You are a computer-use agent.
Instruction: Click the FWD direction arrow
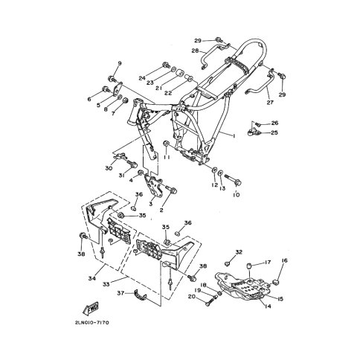point(91,308)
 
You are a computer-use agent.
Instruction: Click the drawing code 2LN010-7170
point(92,323)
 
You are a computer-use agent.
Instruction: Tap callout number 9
point(120,64)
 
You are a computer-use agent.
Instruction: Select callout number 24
point(142,78)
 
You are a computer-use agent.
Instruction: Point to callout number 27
point(270,102)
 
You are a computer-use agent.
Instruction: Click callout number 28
point(195,51)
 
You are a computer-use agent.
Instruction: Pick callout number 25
point(274,132)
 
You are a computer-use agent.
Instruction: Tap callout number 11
point(167,157)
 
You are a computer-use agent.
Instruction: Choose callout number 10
point(237,195)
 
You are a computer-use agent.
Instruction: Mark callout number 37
point(120,293)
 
